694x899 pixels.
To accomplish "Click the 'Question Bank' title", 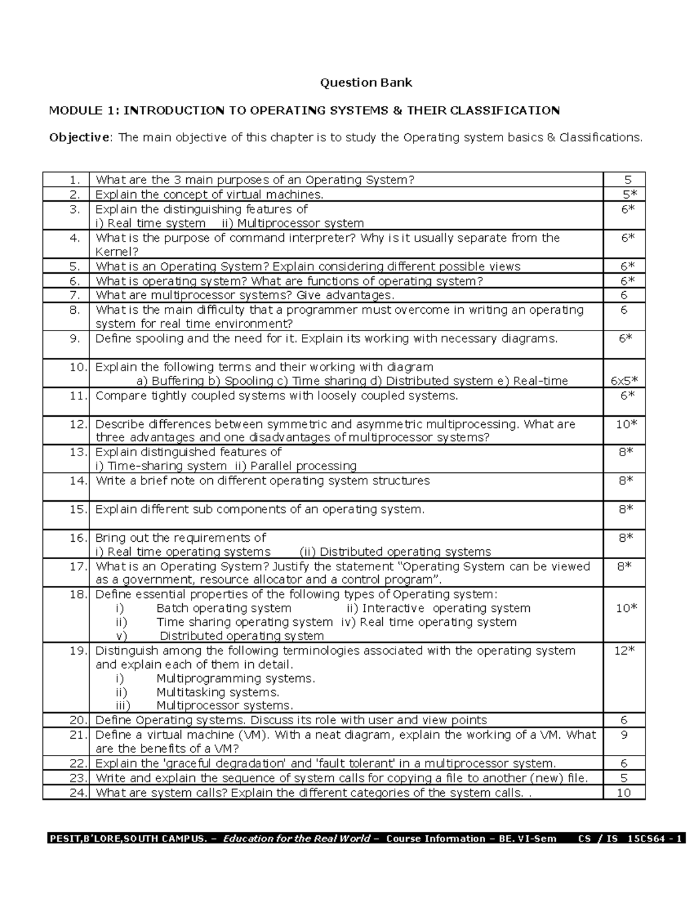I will click(366, 82).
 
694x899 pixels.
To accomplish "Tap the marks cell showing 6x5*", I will click(624, 381).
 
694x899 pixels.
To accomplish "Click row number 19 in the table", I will click(77, 651).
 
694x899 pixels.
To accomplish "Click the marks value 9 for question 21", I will click(623, 735).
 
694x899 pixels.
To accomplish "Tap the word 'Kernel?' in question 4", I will click(117, 252).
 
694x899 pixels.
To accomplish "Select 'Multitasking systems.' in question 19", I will click(217, 692).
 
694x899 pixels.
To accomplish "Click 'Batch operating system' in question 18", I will click(223, 608).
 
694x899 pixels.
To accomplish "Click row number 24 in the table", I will click(77, 793).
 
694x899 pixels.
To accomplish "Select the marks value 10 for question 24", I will click(623, 793).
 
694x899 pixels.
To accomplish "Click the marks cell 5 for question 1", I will click(627, 180).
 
